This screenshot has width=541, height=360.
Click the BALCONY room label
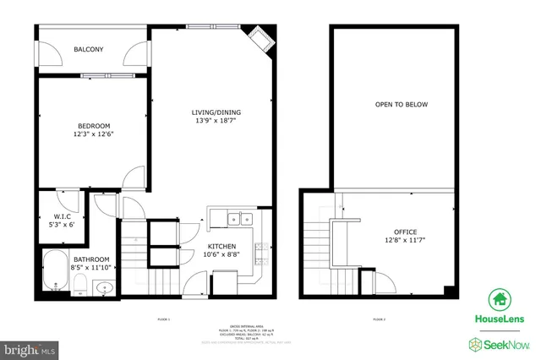click(89, 50)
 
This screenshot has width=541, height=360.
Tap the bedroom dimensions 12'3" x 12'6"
click(93, 134)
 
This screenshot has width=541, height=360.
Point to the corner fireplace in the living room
click(259, 39)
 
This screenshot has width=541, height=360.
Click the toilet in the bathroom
click(79, 285)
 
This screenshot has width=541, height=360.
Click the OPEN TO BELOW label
click(402, 105)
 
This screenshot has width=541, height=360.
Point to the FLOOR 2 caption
click(379, 319)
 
